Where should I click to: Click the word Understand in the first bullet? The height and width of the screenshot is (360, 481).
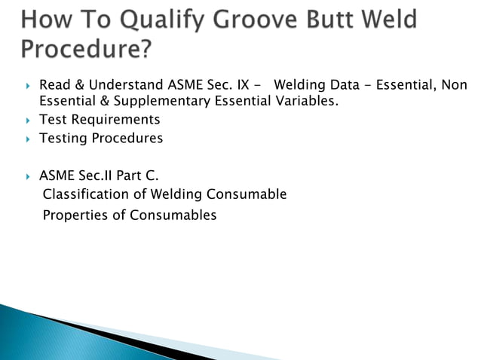coord(121,85)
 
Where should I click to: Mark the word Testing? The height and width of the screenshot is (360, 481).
coord(63,139)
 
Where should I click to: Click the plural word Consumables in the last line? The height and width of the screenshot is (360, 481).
coord(173,215)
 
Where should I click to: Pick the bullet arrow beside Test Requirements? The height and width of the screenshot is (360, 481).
coord(28,121)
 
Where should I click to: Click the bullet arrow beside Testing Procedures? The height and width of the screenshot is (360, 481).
coord(28,139)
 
